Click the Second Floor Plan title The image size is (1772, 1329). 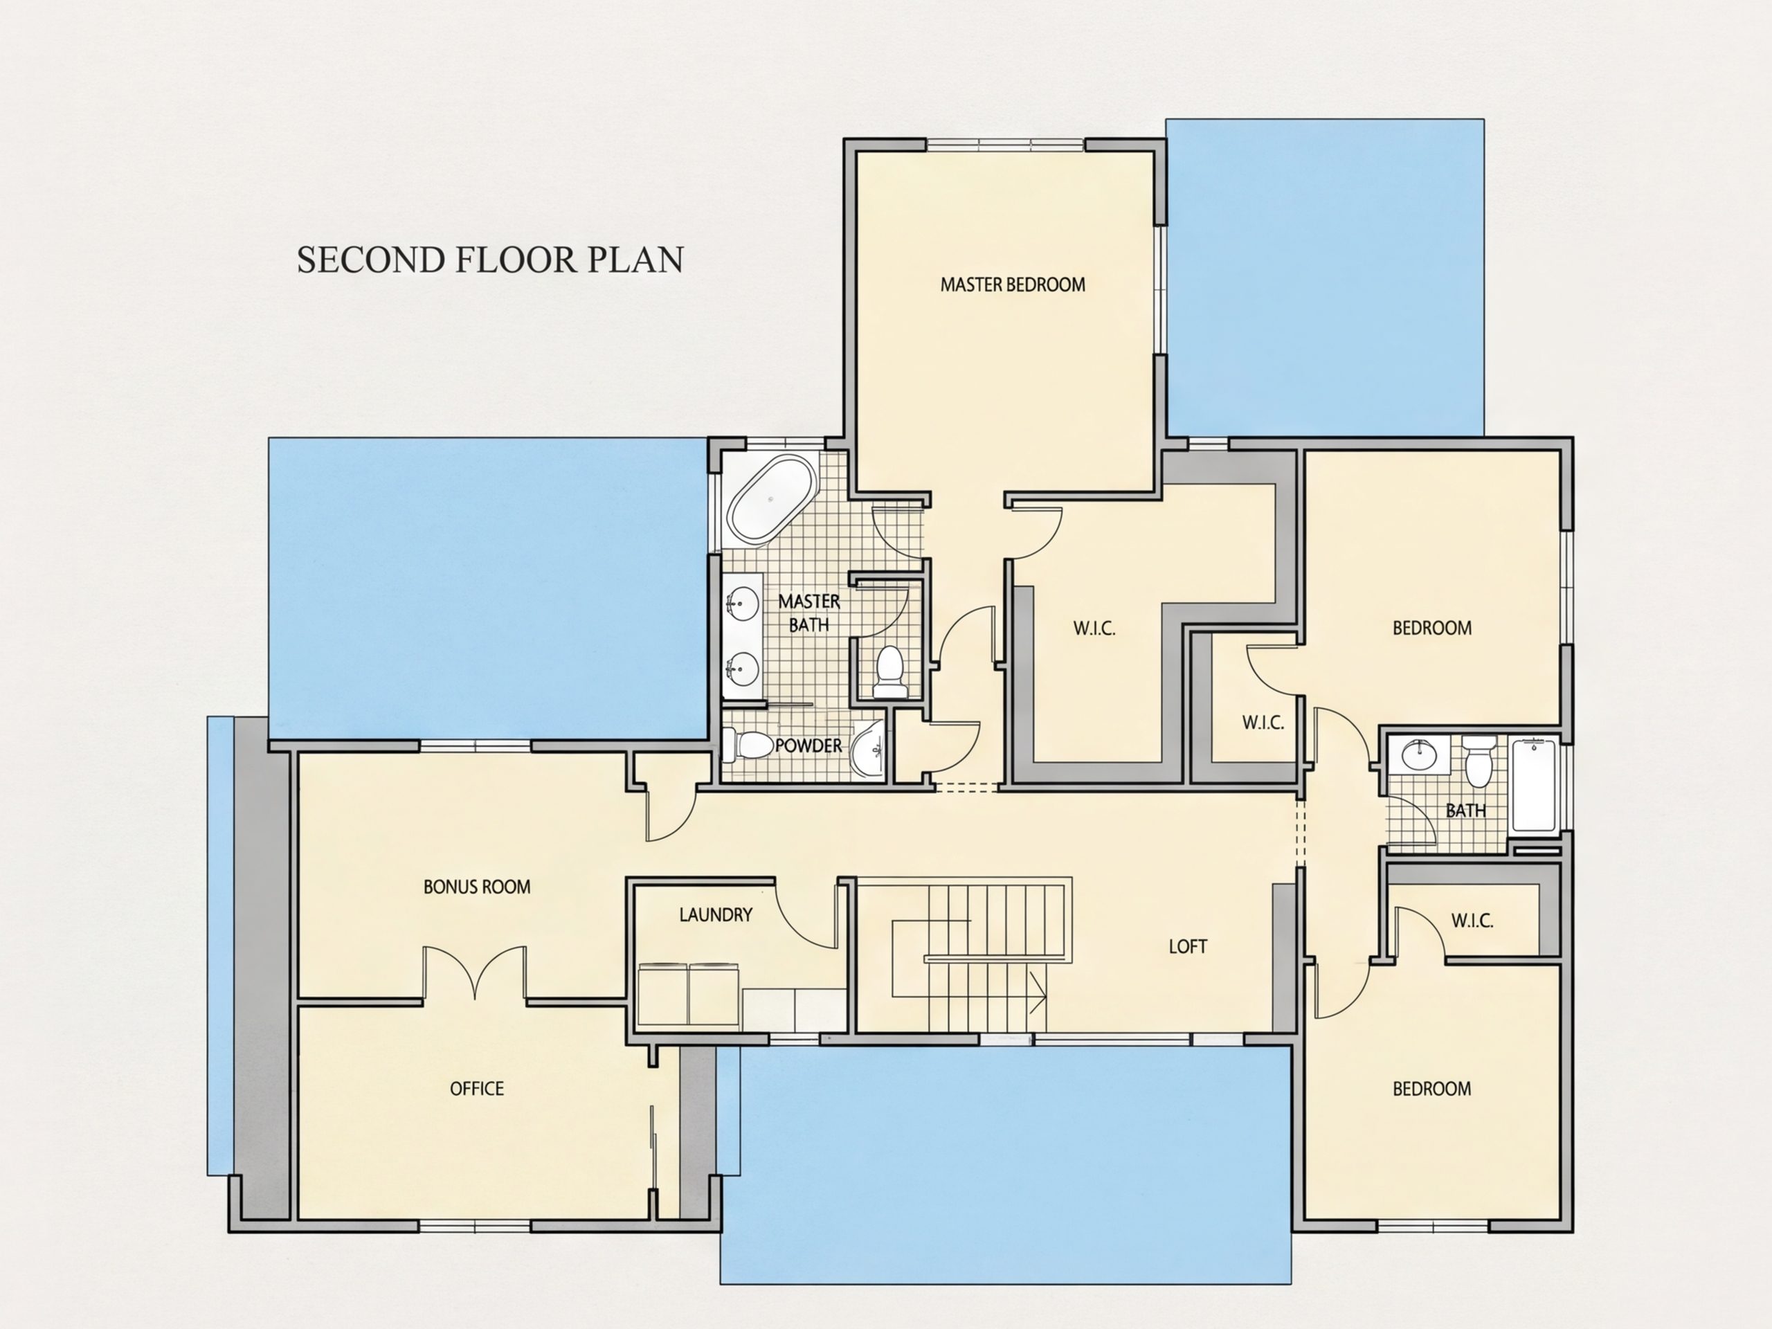[x=490, y=260]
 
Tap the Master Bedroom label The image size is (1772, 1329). [x=1013, y=284]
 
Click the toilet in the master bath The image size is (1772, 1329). [x=889, y=671]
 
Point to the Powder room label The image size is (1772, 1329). [x=808, y=745]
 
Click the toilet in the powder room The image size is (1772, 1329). [x=744, y=745]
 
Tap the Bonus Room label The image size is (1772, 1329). [x=477, y=887]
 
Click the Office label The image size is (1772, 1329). [x=477, y=1089]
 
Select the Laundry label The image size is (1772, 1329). [x=715, y=915]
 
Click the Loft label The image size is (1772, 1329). [x=1187, y=947]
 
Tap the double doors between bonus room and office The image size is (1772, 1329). [x=475, y=973]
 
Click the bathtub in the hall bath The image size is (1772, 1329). [x=1534, y=786]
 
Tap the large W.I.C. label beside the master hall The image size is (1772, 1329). [x=1094, y=628]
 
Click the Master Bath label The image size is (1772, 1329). [x=809, y=613]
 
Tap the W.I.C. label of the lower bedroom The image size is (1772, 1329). [x=1472, y=921]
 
